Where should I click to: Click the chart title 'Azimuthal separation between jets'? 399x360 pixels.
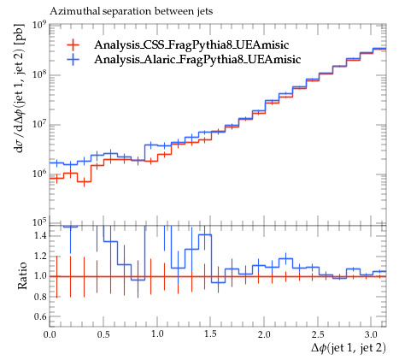[132, 11]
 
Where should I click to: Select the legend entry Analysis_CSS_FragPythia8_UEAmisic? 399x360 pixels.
[191, 44]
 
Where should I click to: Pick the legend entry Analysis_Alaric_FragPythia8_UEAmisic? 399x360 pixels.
[197, 59]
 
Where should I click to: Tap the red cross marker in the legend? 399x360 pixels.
[73, 44]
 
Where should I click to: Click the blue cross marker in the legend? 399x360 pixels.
[73, 59]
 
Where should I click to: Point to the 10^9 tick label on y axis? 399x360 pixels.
[39, 25]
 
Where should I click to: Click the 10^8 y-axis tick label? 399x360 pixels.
[39, 75]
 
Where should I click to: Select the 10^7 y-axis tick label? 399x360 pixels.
[39, 125]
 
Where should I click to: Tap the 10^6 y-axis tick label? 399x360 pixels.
[39, 174]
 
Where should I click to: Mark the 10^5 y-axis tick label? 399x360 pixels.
[39, 222]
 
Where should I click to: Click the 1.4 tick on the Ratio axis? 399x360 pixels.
[41, 236]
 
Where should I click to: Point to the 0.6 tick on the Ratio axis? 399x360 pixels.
[41, 316]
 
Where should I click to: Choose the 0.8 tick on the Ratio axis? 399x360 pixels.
[41, 297]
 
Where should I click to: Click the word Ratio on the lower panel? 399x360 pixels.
[22, 276]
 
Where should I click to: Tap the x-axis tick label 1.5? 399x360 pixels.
[210, 334]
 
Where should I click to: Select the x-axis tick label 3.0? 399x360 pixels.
[371, 334]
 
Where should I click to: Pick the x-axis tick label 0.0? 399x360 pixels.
[50, 334]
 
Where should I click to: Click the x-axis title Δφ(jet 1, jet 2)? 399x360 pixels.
[349, 348]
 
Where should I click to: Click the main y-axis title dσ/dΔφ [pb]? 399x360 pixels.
[21, 88]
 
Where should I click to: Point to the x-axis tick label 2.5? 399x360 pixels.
[318, 334]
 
